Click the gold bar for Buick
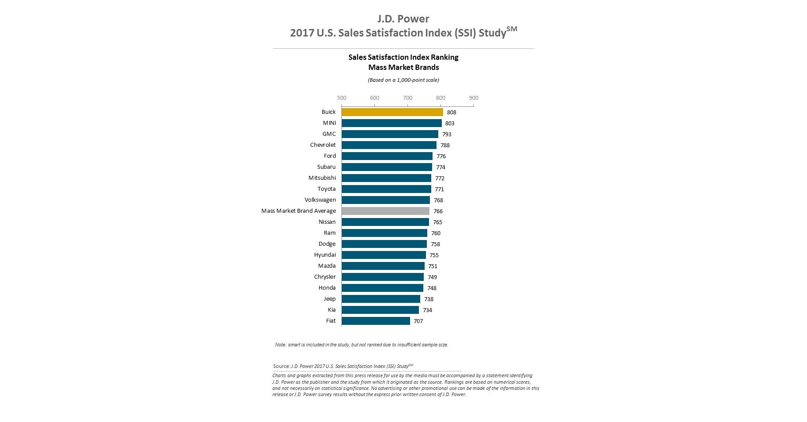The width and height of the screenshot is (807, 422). tap(392, 112)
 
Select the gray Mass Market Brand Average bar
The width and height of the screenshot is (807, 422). tap(385, 211)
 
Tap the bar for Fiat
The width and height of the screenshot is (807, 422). tap(376, 321)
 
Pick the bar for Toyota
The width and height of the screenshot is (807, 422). tap(386, 189)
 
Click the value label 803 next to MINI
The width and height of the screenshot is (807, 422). tap(450, 124)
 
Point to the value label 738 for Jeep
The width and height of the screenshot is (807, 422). tap(429, 299)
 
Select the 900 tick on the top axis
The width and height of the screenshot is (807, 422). tap(473, 98)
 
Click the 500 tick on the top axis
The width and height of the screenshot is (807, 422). tap(341, 98)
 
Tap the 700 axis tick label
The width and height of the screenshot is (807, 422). tap(407, 98)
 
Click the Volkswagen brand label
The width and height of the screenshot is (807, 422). tap(320, 200)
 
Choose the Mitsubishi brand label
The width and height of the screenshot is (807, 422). tap(322, 178)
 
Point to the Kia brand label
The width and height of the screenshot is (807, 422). tap(331, 310)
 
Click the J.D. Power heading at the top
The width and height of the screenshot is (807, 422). tap(403, 19)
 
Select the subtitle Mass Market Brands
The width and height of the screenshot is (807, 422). tap(403, 67)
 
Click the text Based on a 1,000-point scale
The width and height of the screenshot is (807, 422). tap(403, 80)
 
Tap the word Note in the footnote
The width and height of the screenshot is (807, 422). tap(280, 345)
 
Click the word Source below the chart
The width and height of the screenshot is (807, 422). tap(281, 366)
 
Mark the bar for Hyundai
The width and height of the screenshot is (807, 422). tap(384, 255)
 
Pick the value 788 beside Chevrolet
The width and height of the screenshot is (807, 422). tap(445, 146)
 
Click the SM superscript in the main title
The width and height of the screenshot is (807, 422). tap(512, 29)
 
